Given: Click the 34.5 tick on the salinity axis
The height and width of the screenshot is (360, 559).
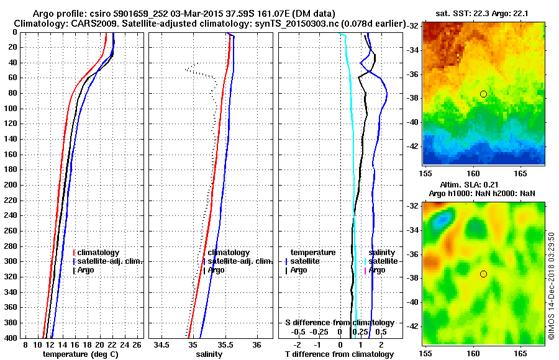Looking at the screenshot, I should tap(162, 344).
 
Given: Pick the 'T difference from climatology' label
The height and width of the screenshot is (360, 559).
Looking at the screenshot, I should tap(339, 354).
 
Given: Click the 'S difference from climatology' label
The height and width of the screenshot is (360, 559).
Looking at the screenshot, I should tap(339, 323).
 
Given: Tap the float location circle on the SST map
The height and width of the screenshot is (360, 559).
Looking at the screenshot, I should tap(483, 94).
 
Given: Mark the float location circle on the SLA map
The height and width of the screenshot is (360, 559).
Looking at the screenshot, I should tap(483, 274).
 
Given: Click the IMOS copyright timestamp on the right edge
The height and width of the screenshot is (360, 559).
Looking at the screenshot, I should tap(551, 286).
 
